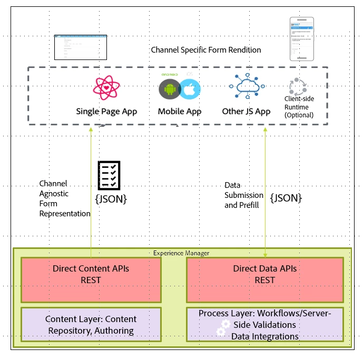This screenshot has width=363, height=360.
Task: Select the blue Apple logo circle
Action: tap(190, 89)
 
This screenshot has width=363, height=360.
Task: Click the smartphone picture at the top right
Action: tap(301, 38)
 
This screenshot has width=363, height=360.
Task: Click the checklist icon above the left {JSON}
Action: tap(109, 176)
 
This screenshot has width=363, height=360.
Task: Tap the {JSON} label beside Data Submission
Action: tap(286, 198)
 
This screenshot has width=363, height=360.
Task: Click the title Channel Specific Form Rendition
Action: tap(205, 50)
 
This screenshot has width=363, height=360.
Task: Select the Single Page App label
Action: tap(106, 112)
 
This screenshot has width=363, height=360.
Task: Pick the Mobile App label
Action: tap(180, 112)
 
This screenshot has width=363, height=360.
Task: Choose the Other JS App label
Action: tap(246, 112)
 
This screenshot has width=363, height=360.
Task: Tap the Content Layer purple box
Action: tap(91, 325)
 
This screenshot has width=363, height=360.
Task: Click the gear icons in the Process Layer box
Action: tap(223, 328)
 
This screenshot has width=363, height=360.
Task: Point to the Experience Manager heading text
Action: tap(181, 253)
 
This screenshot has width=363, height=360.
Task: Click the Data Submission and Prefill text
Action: tap(242, 195)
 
